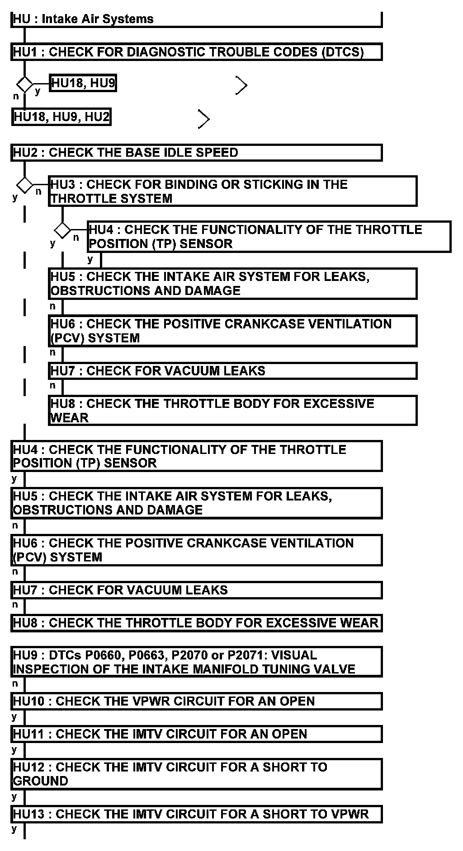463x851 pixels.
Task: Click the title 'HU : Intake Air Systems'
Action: (x=83, y=19)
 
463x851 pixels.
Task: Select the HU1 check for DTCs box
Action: (x=196, y=52)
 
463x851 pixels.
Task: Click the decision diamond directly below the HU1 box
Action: (x=24, y=84)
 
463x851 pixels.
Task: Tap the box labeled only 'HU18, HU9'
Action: (x=83, y=83)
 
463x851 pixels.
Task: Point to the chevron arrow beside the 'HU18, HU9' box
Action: (x=242, y=85)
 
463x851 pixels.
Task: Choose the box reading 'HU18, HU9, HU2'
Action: (x=61, y=117)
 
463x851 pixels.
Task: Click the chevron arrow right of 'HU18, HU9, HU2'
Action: (x=204, y=119)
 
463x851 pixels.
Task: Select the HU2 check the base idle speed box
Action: (x=196, y=153)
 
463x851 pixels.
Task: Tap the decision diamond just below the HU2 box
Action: (x=24, y=185)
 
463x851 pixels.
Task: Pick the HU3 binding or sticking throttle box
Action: (x=232, y=191)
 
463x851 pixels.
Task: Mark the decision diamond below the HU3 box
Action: (x=62, y=230)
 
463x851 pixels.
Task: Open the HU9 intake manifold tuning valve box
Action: (x=196, y=662)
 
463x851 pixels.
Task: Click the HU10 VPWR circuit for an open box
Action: (x=196, y=701)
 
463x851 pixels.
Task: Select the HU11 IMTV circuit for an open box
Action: (x=196, y=734)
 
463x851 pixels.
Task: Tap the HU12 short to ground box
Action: (x=196, y=774)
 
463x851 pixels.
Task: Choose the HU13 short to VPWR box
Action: (x=196, y=814)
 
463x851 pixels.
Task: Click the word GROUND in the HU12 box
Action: (x=40, y=781)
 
